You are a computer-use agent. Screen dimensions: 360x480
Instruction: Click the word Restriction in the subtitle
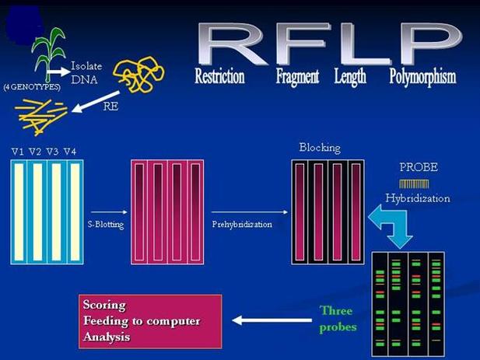click(219, 77)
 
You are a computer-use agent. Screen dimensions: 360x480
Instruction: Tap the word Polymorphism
click(422, 77)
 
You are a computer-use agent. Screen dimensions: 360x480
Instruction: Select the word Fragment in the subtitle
click(299, 77)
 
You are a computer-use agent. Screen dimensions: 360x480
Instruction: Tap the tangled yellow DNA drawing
click(138, 74)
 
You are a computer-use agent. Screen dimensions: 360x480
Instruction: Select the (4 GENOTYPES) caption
click(32, 87)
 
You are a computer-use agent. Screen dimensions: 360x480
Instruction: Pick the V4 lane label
click(70, 151)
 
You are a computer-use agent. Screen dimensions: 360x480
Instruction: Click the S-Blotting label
click(107, 224)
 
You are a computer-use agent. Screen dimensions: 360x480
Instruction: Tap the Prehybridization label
click(241, 224)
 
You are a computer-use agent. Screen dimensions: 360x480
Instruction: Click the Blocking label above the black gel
click(319, 148)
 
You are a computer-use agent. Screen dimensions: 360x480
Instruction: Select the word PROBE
click(419, 168)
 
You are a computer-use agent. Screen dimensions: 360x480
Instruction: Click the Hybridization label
click(418, 198)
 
